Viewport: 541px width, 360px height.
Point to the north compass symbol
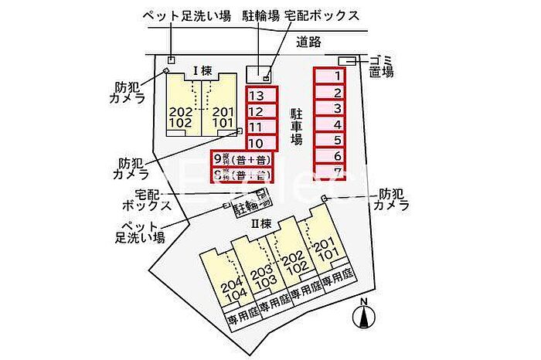(363, 315)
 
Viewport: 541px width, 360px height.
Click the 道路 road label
(308, 42)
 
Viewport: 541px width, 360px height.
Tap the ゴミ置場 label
(381, 66)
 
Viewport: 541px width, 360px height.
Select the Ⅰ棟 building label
(202, 70)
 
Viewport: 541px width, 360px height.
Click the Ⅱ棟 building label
(260, 223)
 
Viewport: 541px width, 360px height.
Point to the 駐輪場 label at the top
(262, 15)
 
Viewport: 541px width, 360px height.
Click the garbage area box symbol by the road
(347, 61)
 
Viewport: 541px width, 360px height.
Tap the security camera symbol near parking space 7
(325, 199)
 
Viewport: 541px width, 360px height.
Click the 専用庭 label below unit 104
(240, 317)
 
